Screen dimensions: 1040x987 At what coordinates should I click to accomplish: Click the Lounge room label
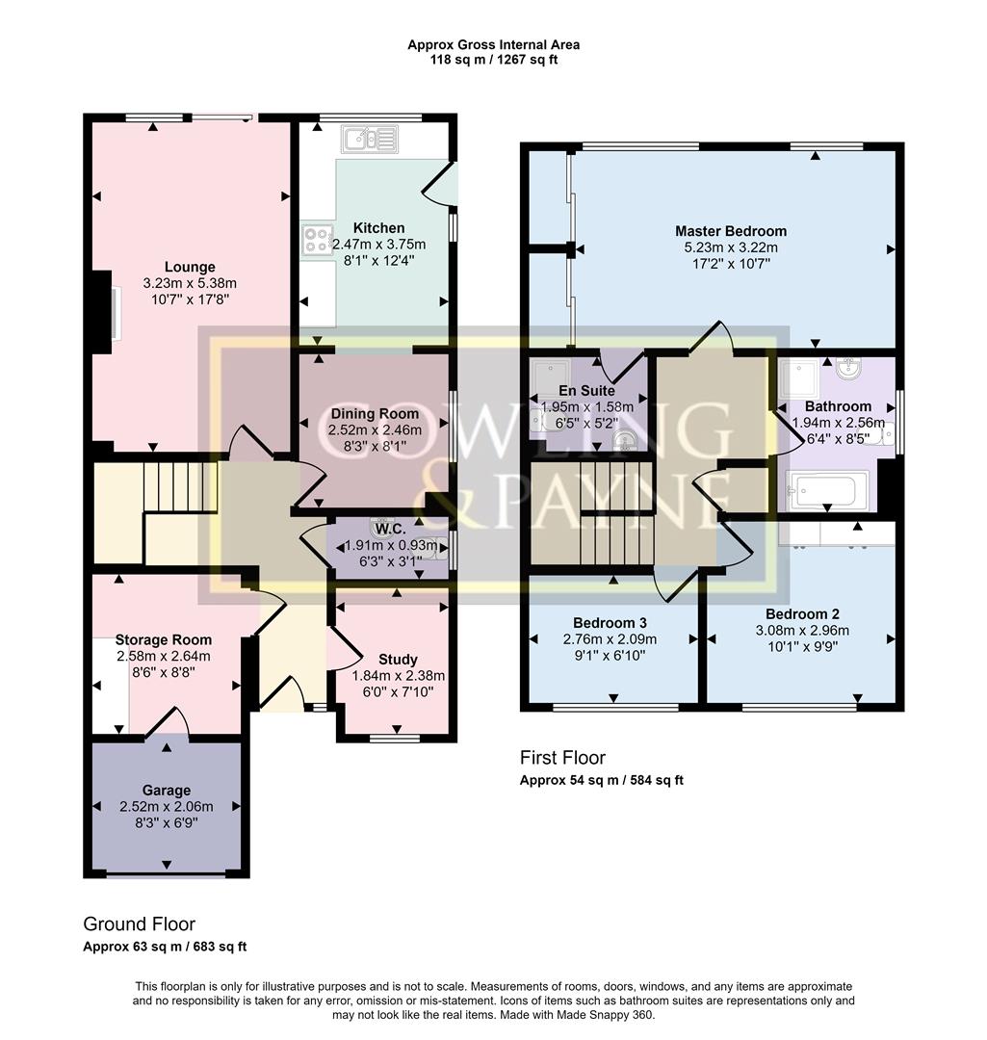pyautogui.click(x=190, y=267)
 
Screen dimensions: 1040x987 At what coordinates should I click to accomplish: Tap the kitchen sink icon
pyautogui.click(x=368, y=142)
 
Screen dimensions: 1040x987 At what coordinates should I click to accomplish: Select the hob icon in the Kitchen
pyautogui.click(x=316, y=239)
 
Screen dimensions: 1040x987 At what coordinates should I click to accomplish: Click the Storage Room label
pyautogui.click(x=164, y=639)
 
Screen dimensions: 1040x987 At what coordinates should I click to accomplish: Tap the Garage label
pyautogui.click(x=167, y=790)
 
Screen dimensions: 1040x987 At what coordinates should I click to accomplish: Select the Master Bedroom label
pyautogui.click(x=730, y=231)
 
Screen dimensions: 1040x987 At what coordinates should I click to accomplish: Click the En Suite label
pyautogui.click(x=583, y=391)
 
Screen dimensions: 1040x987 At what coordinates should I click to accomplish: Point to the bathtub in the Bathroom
pyautogui.click(x=827, y=491)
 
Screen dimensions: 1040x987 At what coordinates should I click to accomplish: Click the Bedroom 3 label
pyautogui.click(x=610, y=622)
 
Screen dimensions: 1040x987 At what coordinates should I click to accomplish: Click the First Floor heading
pyautogui.click(x=563, y=758)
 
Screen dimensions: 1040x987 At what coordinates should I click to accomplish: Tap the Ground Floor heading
pyautogui.click(x=139, y=924)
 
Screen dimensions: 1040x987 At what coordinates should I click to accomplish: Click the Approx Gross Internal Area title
pyautogui.click(x=493, y=44)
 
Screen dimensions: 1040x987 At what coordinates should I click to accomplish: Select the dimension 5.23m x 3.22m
pyautogui.click(x=730, y=247)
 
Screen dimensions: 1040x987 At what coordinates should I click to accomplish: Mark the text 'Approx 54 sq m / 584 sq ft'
pyautogui.click(x=602, y=780)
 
